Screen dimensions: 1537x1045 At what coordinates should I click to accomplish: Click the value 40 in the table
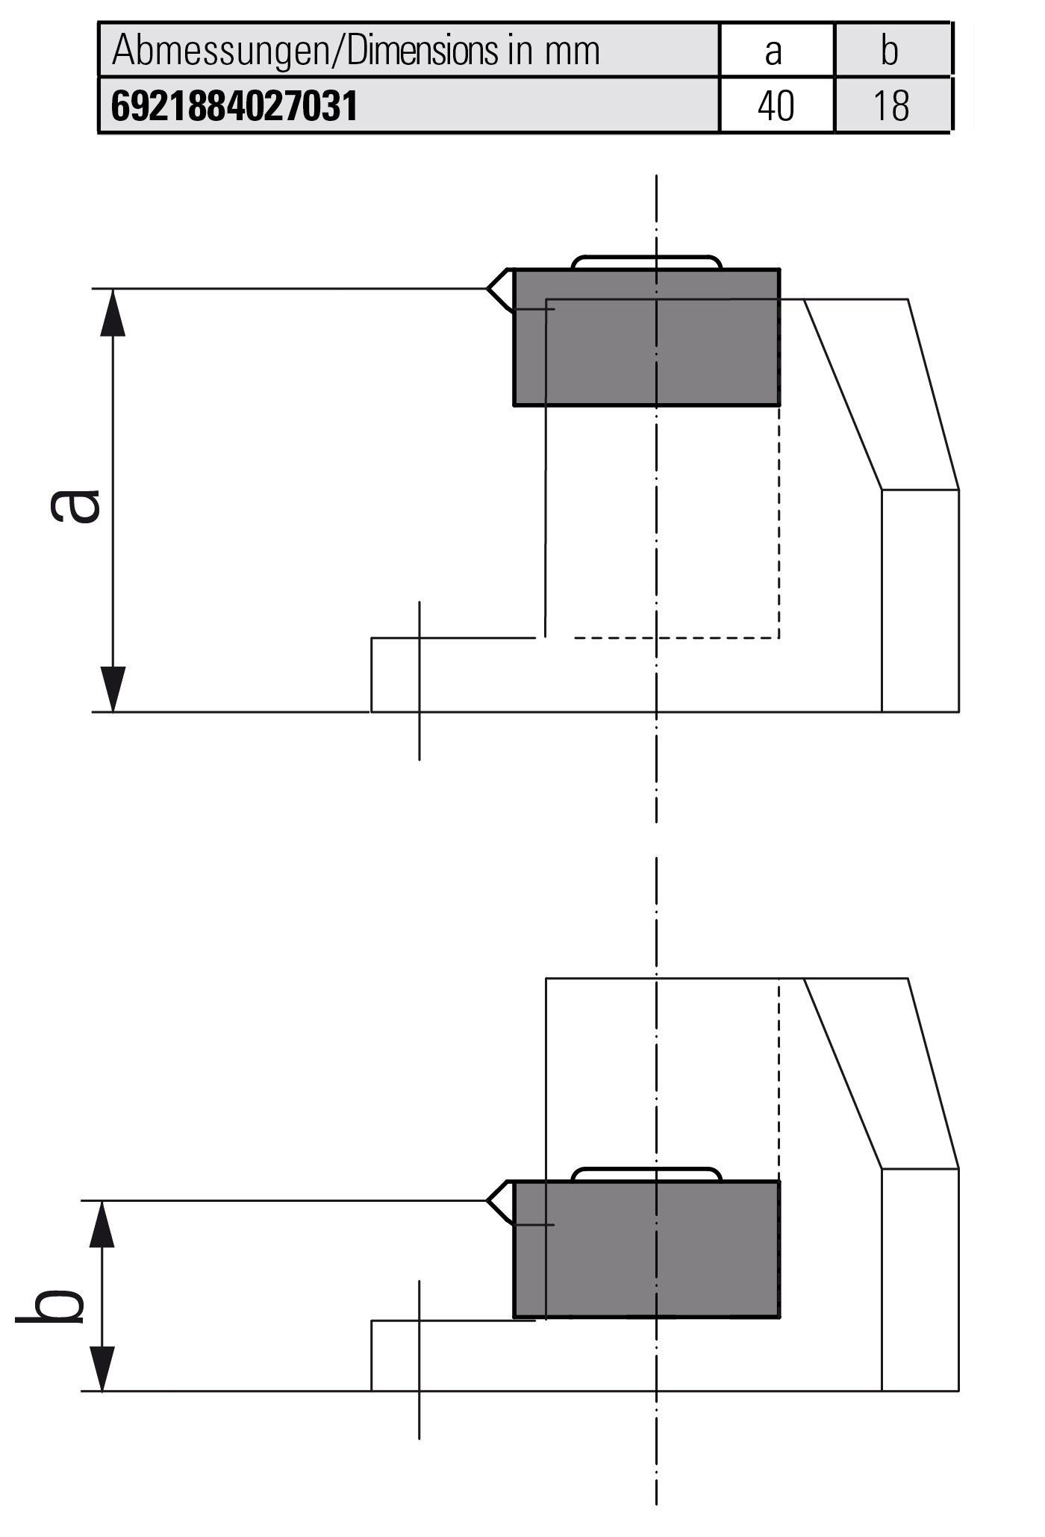(x=776, y=106)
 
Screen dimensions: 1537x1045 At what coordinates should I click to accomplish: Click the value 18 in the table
(x=890, y=106)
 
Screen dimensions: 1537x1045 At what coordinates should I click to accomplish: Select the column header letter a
(x=773, y=52)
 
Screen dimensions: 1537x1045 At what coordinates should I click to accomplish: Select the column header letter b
(x=889, y=51)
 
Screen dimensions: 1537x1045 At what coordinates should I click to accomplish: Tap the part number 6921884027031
(x=234, y=106)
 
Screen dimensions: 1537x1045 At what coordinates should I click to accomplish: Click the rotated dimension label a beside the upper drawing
(x=75, y=505)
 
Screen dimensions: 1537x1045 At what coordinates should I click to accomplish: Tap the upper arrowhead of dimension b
(x=102, y=1225)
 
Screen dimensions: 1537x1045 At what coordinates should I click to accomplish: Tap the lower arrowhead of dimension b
(x=102, y=1369)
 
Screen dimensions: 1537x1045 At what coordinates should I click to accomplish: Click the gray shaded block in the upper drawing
(x=646, y=337)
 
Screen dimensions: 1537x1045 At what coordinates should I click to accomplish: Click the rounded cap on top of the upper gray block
(x=646, y=262)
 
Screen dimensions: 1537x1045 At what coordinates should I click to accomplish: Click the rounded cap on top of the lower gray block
(x=646, y=1174)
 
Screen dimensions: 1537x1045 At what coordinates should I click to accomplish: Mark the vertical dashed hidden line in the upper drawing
(x=779, y=523)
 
